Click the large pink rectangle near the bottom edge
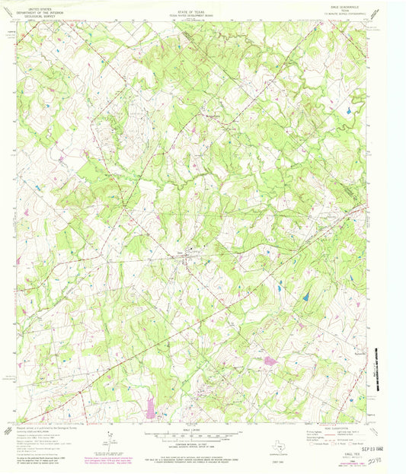click(x=150, y=407)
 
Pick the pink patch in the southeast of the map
click(x=269, y=360)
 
